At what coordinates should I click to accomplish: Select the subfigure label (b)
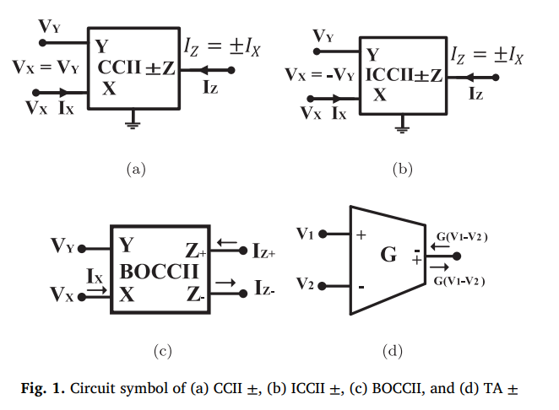[402, 170]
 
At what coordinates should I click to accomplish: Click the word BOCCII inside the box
[160, 272]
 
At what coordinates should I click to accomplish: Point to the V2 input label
[306, 284]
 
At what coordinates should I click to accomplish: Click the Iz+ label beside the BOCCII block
[263, 250]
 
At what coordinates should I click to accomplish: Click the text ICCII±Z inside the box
[404, 75]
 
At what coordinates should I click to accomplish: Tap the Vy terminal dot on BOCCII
[83, 249]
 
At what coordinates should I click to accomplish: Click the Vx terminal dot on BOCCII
[83, 295]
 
